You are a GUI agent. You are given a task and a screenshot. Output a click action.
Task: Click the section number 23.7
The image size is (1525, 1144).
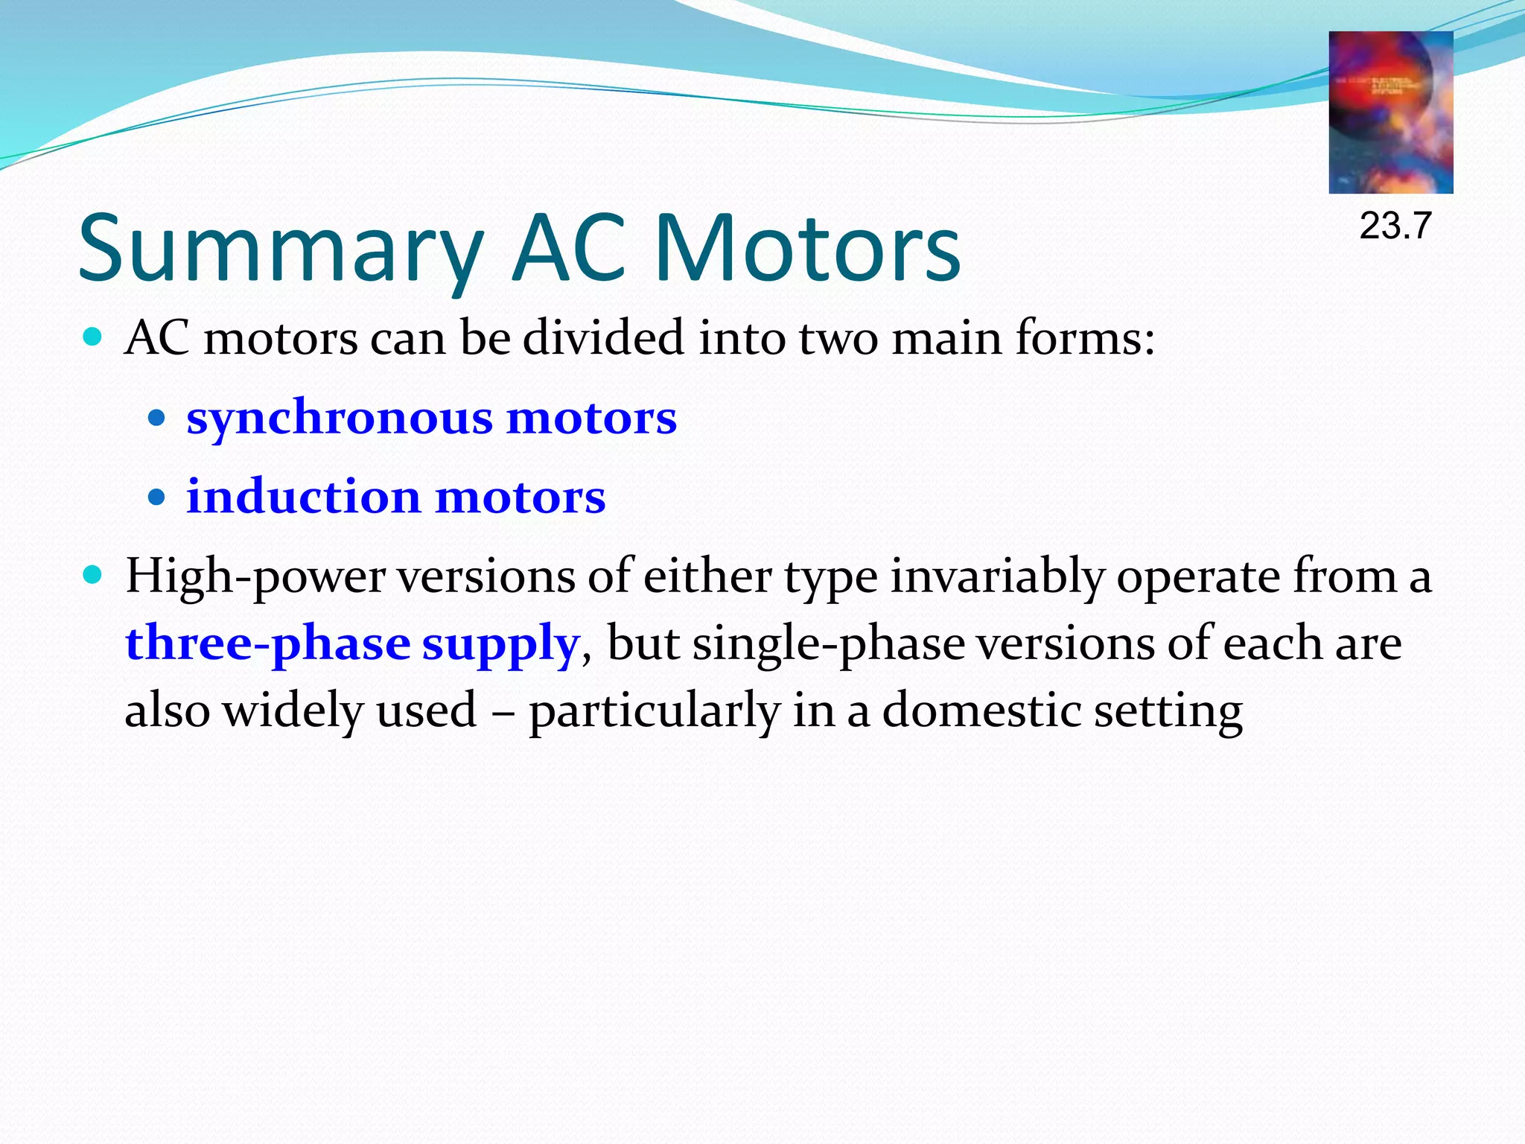click(1395, 226)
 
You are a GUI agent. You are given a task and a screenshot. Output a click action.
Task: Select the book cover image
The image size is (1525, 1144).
click(1390, 112)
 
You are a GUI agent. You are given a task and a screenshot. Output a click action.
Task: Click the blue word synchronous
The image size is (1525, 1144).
click(340, 417)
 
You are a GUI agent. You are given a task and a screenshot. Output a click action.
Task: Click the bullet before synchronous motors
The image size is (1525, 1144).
click(156, 418)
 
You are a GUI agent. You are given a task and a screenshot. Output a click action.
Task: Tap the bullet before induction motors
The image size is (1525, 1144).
click(156, 497)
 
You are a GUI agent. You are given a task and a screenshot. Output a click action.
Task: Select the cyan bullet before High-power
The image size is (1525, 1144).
click(92, 575)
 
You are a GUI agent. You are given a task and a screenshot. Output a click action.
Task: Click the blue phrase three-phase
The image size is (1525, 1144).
click(267, 643)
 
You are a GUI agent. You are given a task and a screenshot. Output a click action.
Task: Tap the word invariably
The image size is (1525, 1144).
click(996, 577)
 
